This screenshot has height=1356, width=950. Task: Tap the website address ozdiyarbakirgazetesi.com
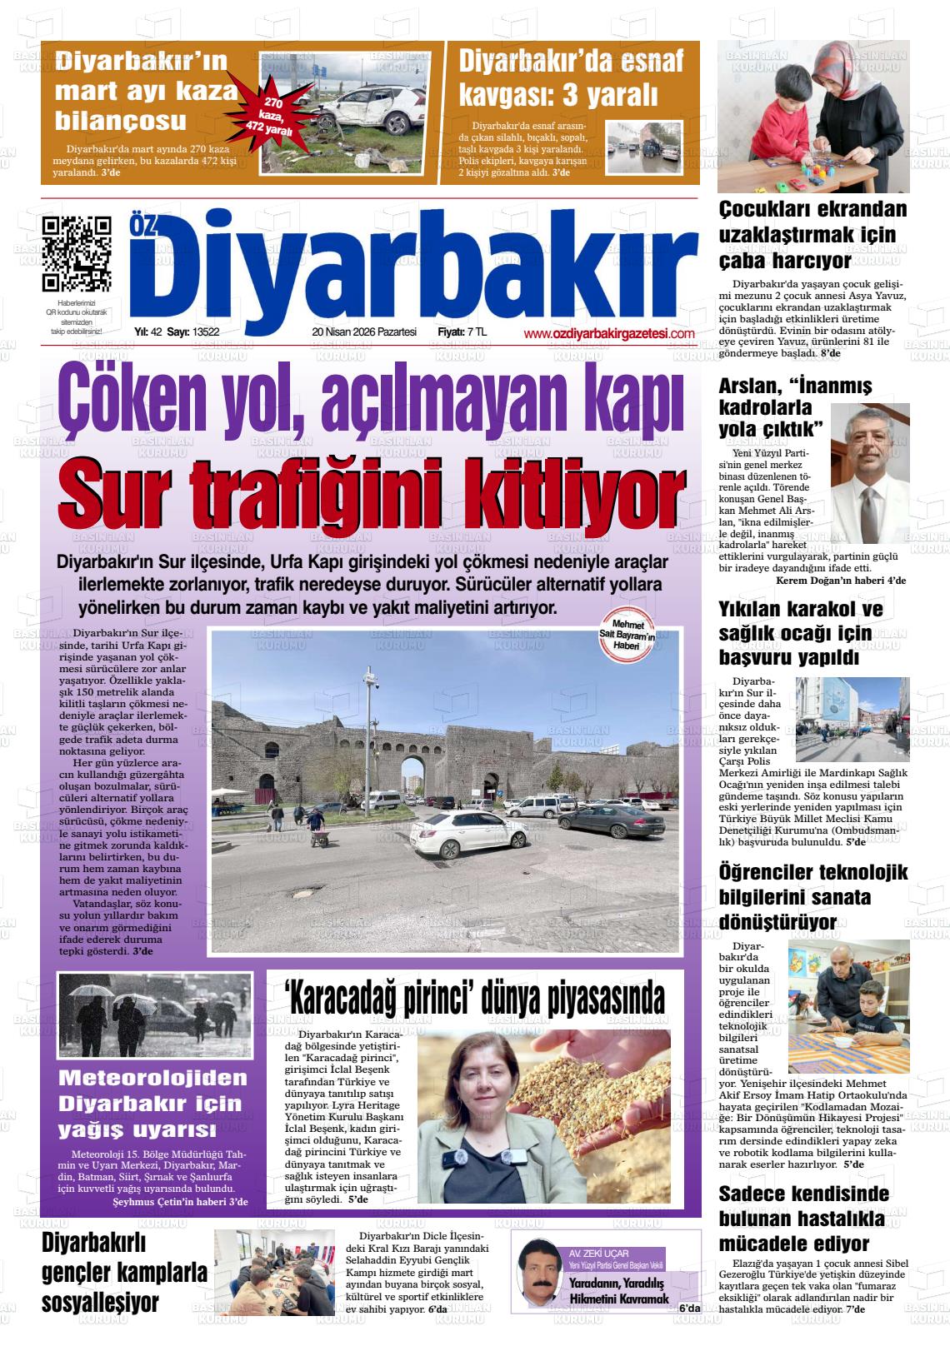pyautogui.click(x=609, y=333)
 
